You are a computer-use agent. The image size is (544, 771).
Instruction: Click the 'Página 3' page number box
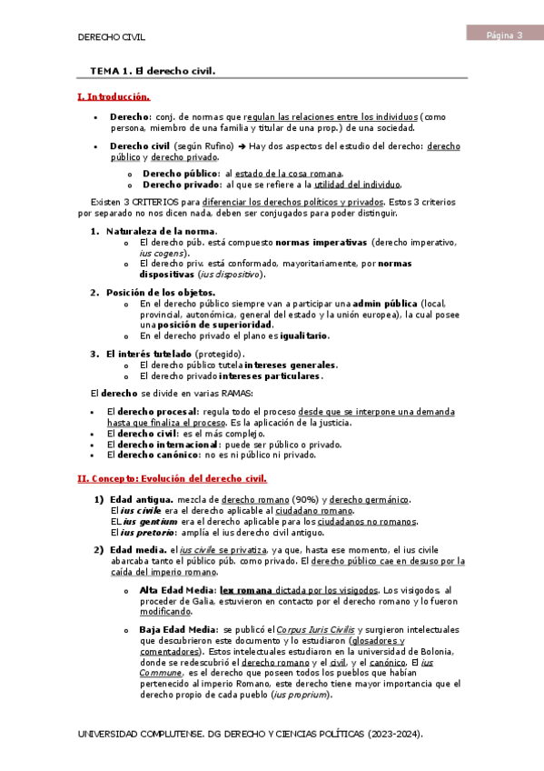click(x=504, y=35)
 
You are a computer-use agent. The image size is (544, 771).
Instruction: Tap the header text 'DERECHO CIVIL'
click(x=112, y=37)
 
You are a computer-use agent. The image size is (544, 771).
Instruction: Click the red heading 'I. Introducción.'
click(x=114, y=96)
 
